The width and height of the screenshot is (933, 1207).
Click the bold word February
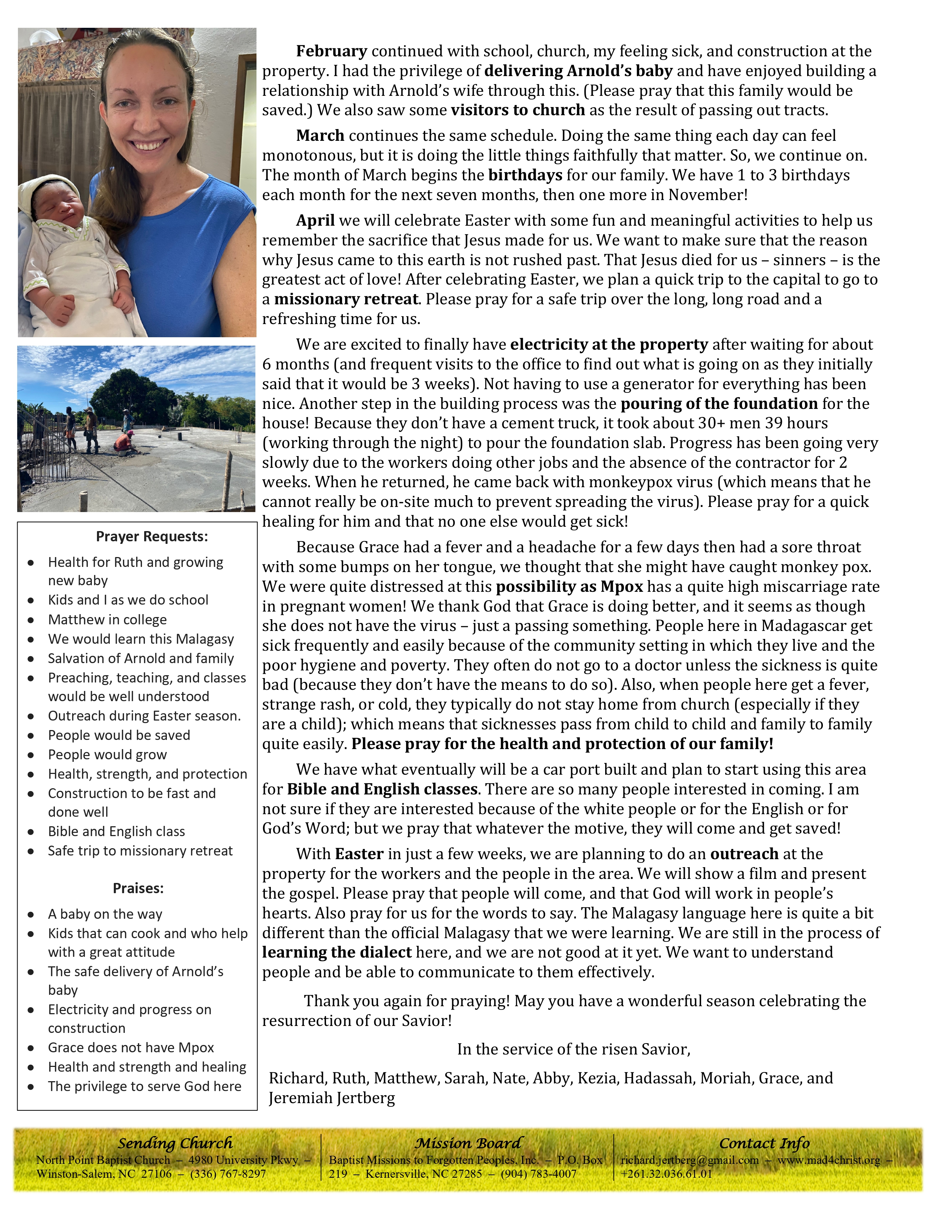(x=331, y=52)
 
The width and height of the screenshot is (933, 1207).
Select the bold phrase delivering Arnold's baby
(x=578, y=71)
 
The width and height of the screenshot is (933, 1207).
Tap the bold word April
(x=315, y=221)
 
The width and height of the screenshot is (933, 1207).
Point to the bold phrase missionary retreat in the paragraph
(x=346, y=300)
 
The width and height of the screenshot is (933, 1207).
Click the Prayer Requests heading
(x=152, y=537)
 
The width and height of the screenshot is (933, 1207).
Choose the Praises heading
(x=138, y=888)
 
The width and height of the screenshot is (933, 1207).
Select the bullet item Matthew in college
(x=107, y=620)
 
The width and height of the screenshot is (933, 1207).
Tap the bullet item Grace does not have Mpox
(x=131, y=1047)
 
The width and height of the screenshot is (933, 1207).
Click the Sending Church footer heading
(x=175, y=1143)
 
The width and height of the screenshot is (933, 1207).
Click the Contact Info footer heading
(x=764, y=1143)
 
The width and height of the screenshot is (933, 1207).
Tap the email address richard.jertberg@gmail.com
(x=689, y=1160)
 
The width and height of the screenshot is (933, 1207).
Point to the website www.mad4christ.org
(x=828, y=1160)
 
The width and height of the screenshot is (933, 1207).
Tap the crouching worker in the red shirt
(x=125, y=442)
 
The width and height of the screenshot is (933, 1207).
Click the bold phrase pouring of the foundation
(x=719, y=404)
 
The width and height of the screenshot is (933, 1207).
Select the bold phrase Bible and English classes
(x=382, y=789)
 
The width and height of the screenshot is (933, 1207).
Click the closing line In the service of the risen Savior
(x=574, y=1049)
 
